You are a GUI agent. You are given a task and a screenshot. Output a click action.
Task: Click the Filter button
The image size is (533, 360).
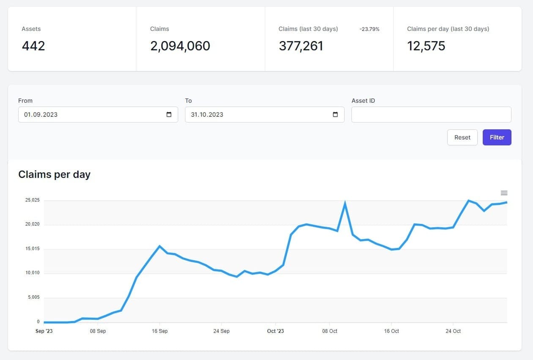[497, 137]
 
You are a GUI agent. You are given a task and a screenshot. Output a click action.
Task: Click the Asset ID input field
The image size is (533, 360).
[431, 115]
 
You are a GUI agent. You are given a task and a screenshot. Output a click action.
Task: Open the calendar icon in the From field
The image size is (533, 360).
[169, 115]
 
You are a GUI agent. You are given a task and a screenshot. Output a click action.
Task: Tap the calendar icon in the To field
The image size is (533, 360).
[335, 115]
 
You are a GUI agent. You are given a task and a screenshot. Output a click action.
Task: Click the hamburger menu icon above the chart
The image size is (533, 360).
[504, 193]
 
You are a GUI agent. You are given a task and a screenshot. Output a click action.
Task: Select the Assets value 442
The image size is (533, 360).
[33, 46]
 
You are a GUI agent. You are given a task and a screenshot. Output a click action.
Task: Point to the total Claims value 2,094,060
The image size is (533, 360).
[180, 46]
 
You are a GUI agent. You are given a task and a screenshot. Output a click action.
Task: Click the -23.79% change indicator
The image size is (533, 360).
[369, 29]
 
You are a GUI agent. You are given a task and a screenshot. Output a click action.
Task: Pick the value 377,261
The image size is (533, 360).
[301, 46]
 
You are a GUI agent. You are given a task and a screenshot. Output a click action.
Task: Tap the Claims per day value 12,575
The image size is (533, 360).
[426, 46]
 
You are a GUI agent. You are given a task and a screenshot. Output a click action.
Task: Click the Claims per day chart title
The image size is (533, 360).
[54, 174]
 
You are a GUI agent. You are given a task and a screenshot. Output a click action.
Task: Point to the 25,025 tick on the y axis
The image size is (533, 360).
[32, 200]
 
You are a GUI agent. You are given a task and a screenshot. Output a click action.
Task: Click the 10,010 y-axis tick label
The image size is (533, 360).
[32, 273]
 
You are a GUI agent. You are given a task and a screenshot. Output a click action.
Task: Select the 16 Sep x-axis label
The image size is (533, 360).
[159, 331]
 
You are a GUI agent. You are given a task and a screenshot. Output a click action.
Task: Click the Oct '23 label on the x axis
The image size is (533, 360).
[275, 331]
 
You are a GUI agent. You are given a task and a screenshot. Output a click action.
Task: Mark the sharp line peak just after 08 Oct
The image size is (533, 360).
[345, 203]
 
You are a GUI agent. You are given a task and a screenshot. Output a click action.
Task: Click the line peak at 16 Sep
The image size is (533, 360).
[159, 246]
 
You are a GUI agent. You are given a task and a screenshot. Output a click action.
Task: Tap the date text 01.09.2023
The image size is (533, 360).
[41, 115]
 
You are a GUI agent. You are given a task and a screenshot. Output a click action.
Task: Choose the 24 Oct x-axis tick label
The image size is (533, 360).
[453, 331]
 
